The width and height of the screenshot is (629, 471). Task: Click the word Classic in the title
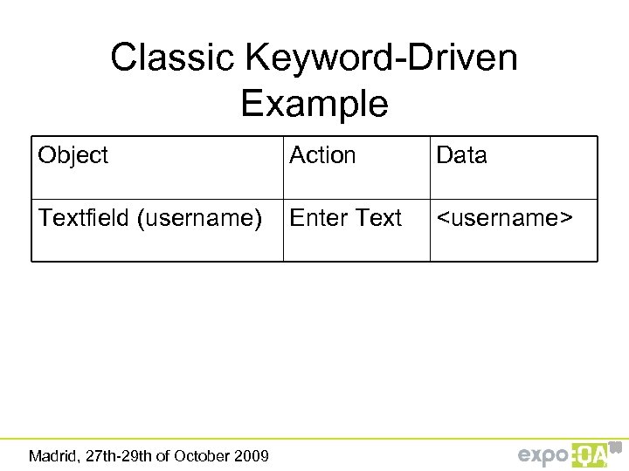tap(173, 58)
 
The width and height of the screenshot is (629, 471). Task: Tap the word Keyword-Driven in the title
tap(382, 58)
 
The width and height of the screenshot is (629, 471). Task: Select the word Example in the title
tap(314, 104)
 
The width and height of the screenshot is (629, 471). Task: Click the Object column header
tap(73, 155)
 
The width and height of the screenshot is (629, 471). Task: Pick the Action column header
tap(322, 155)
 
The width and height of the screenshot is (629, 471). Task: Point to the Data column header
tap(461, 155)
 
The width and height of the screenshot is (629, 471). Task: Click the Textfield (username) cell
tap(150, 218)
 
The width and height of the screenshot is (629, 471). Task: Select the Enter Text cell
tap(346, 218)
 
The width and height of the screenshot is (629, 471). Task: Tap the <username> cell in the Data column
tap(504, 218)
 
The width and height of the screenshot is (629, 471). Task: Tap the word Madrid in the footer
tap(52, 455)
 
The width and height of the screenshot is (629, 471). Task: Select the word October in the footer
tap(202, 455)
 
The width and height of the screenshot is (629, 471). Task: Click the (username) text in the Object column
tap(198, 218)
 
